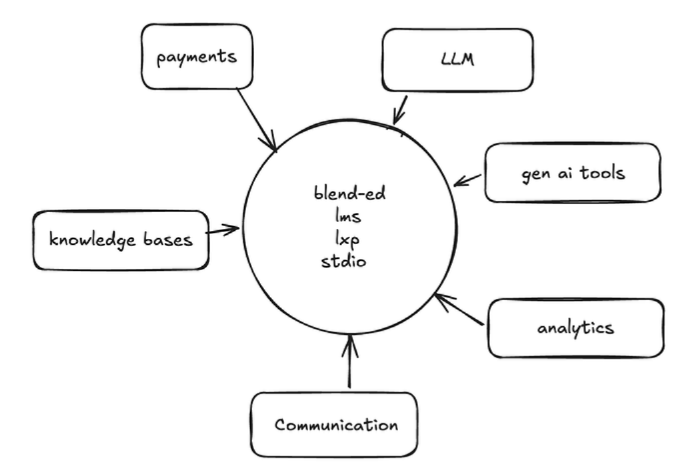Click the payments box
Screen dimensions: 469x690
(x=197, y=57)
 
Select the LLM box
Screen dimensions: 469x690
(x=457, y=59)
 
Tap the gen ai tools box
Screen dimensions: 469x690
(x=573, y=173)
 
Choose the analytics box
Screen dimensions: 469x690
(x=576, y=328)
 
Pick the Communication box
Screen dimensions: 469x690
(x=333, y=424)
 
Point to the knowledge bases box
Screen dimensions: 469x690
(x=121, y=240)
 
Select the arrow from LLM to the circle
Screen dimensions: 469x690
(x=400, y=109)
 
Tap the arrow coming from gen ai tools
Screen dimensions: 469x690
(x=468, y=180)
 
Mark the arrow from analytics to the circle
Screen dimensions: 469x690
(x=459, y=310)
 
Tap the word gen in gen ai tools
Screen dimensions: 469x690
(x=535, y=174)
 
